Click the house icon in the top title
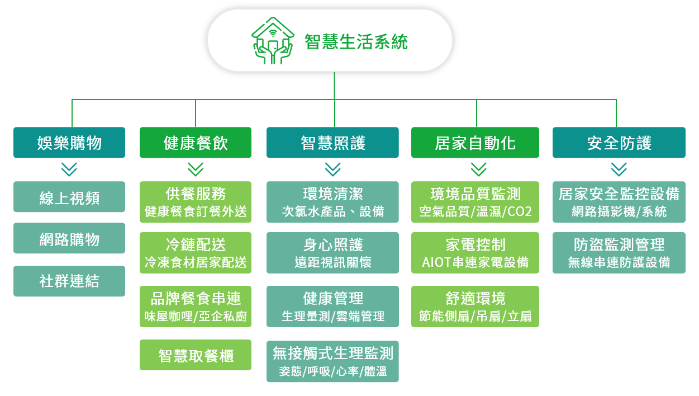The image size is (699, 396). (x=273, y=41)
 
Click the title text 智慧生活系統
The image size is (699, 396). (x=356, y=42)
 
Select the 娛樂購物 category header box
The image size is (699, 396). (x=69, y=143)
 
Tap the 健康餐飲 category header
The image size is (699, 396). (x=196, y=143)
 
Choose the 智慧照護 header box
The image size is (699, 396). (x=332, y=143)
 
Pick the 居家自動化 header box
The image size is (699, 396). (x=475, y=143)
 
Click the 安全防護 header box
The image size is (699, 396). (x=619, y=143)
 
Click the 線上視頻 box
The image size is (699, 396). (x=69, y=197)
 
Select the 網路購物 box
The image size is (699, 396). (x=69, y=238)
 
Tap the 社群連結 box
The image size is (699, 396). (x=69, y=281)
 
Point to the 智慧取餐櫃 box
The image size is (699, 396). (x=196, y=355)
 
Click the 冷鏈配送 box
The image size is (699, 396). (x=196, y=253)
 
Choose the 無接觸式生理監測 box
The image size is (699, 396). (x=332, y=361)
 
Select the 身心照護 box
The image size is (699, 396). (x=332, y=253)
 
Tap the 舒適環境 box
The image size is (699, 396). (x=475, y=307)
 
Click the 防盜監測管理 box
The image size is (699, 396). (x=619, y=253)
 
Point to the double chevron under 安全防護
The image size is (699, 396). (x=619, y=169)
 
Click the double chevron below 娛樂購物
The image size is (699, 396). (x=69, y=169)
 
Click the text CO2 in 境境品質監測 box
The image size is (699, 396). (x=519, y=212)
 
